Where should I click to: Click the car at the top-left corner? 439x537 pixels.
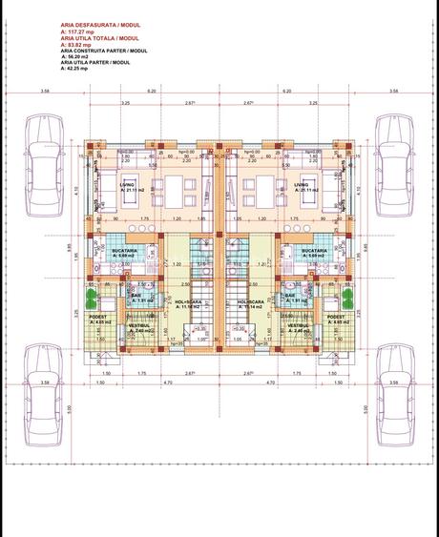pyautogui.click(x=43, y=158)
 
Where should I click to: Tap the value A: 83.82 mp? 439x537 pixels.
pyautogui.click(x=76, y=45)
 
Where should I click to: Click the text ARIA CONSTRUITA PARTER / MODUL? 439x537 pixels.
pyautogui.click(x=104, y=51)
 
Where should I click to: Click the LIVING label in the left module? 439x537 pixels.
pyautogui.click(x=127, y=184)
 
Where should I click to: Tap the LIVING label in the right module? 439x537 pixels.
pyautogui.click(x=301, y=184)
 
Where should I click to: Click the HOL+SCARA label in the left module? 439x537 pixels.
pyautogui.click(x=184, y=302)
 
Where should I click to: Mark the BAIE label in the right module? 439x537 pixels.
pyautogui.click(x=290, y=296)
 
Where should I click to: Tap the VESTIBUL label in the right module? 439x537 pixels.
pyautogui.click(x=299, y=324)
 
